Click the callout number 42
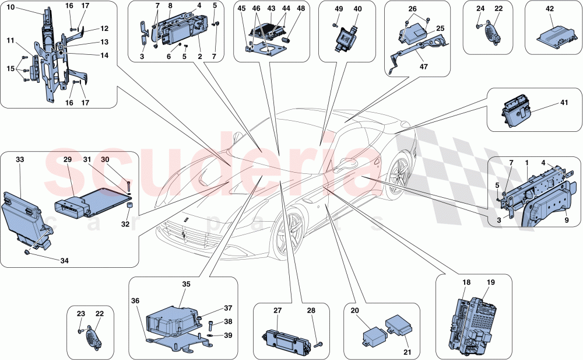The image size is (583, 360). click(x=549, y=10)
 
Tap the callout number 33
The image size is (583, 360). click(x=20, y=159)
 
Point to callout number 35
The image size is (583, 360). click(x=186, y=285)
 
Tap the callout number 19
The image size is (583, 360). click(x=490, y=282)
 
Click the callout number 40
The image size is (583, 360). click(x=357, y=9)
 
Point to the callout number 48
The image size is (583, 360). click(x=300, y=9)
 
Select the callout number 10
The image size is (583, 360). click(x=12, y=9)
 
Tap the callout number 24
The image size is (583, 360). click(x=480, y=9)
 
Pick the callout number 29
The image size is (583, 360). click(x=67, y=159)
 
